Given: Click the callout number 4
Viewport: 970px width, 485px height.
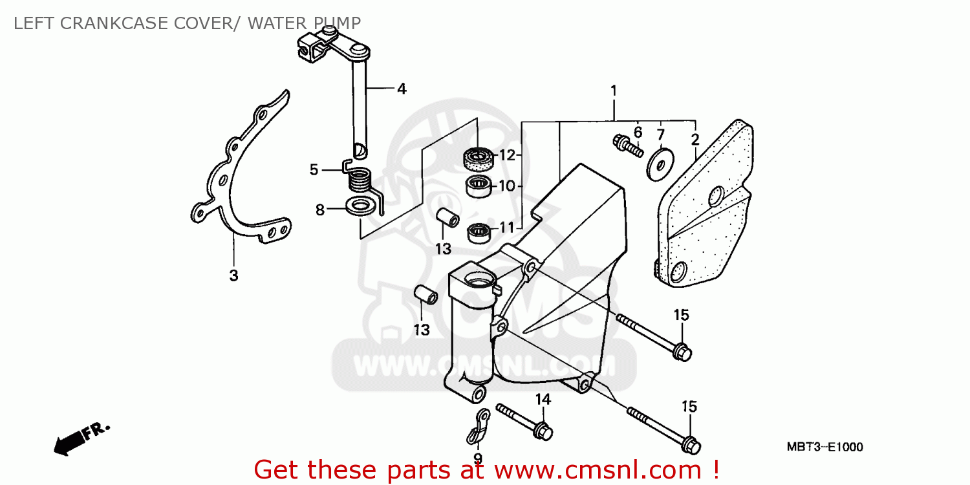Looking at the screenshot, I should tap(402, 89).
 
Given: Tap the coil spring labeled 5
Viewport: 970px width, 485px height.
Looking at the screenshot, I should tap(360, 180).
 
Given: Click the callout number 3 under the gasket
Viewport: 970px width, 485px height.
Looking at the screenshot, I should tap(233, 275).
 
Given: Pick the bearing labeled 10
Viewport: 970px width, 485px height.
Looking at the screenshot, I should tap(478, 186).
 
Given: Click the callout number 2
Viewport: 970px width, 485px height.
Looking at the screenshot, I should tap(695, 139).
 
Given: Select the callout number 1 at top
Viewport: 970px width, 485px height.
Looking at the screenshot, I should tap(613, 91).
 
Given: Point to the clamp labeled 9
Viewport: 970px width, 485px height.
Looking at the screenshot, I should tap(479, 427).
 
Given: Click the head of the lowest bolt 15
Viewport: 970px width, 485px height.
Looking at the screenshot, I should tap(691, 445).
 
